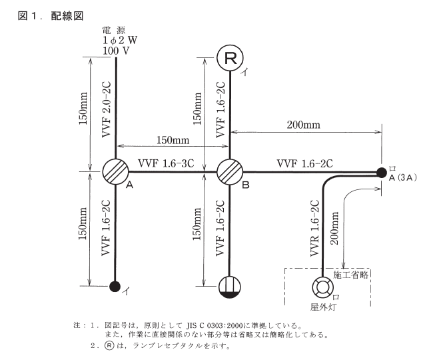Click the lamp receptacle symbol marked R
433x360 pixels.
tap(230, 59)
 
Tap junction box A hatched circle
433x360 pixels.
tap(116, 171)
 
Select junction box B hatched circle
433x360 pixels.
tap(230, 171)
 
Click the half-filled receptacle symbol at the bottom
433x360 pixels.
tap(230, 287)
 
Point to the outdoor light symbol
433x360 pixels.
tap(322, 288)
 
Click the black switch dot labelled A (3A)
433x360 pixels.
tap(381, 173)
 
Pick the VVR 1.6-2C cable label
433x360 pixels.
tap(314, 227)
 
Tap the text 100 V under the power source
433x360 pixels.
tap(116, 51)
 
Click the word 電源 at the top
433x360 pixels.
tap(115, 30)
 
